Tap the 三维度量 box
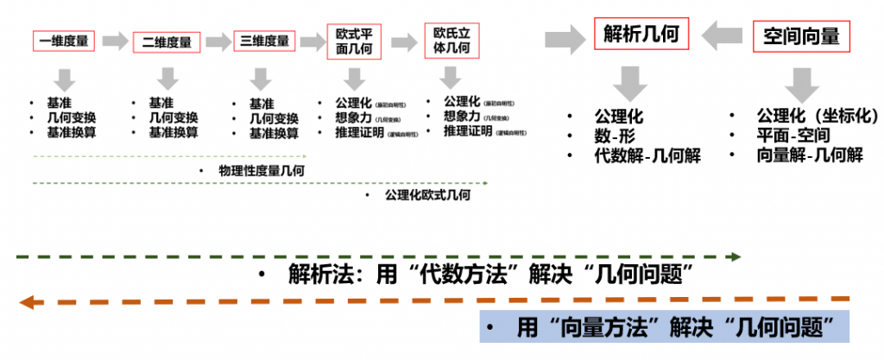[265, 41]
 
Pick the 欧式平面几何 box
[353, 41]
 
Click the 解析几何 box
[641, 36]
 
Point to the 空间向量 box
[802, 36]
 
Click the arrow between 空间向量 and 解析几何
[722, 37]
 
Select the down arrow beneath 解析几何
[631, 85]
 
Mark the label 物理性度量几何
[261, 171]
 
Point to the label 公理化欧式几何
[428, 196]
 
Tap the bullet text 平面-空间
[792, 136]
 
